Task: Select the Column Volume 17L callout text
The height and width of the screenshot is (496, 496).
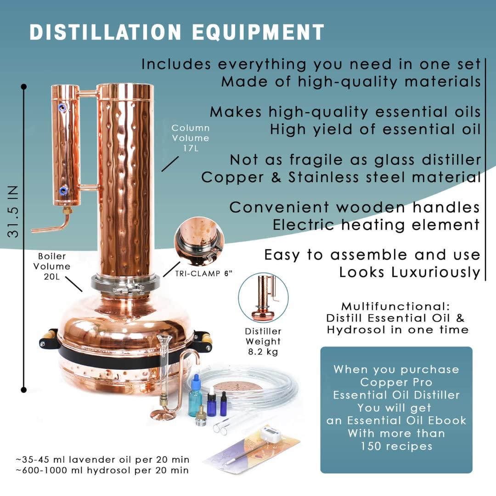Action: pyautogui.click(x=191, y=138)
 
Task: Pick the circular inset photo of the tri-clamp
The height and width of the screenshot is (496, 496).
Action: pyautogui.click(x=199, y=242)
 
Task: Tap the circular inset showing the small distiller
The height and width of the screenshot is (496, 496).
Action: pyautogui.click(x=264, y=297)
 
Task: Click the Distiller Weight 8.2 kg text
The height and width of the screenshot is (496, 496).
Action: pyautogui.click(x=263, y=341)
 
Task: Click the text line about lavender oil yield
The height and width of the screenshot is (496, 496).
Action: pyautogui.click(x=102, y=459)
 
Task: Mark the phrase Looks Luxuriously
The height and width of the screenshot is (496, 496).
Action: pyautogui.click(x=409, y=272)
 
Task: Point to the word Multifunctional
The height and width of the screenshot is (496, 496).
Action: pyautogui.click(x=395, y=306)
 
